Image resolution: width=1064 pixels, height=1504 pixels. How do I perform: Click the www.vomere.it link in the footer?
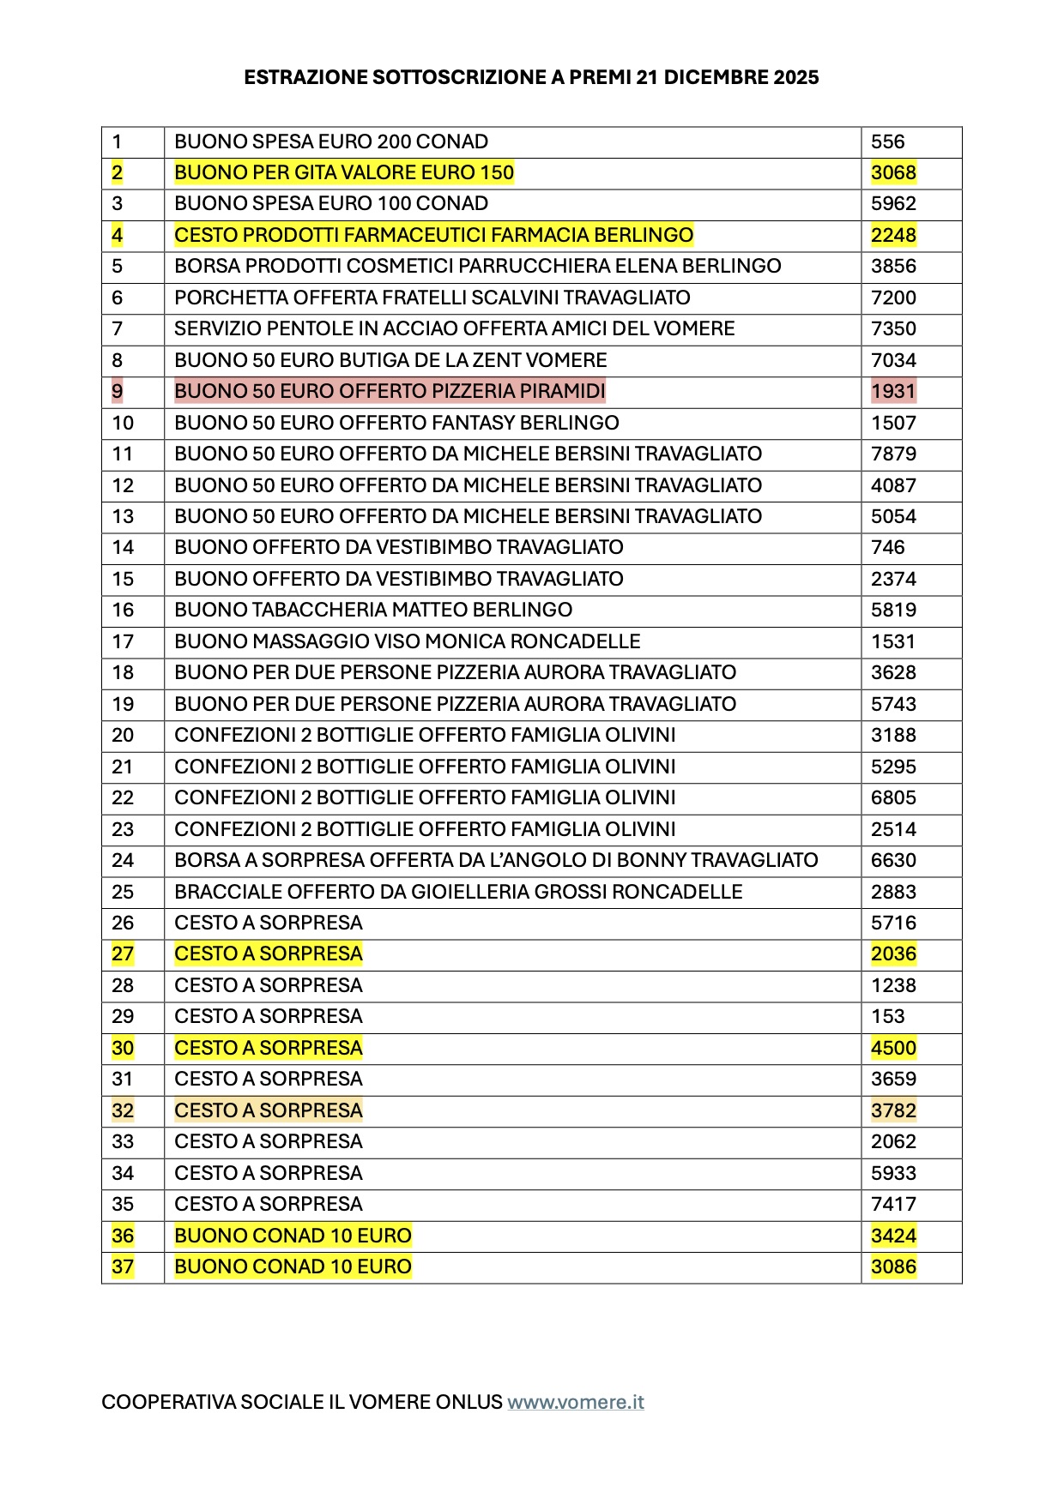575,1402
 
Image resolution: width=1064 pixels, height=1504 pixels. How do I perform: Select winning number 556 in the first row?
887,141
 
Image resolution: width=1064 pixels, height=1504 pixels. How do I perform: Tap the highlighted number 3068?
893,172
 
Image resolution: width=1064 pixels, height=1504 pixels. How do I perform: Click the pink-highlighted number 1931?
893,391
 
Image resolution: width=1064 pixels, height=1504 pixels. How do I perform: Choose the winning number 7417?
893,1204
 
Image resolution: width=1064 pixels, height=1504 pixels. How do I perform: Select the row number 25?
123,892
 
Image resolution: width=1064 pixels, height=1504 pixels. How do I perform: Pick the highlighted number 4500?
893,1048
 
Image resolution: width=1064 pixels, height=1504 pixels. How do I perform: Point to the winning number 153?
887,1016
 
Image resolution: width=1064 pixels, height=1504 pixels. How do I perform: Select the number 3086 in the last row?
893,1266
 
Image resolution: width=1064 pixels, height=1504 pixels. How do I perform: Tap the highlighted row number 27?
123,954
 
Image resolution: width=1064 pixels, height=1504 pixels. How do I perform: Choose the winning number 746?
887,547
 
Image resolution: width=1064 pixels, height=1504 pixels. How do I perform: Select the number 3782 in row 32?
893,1110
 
